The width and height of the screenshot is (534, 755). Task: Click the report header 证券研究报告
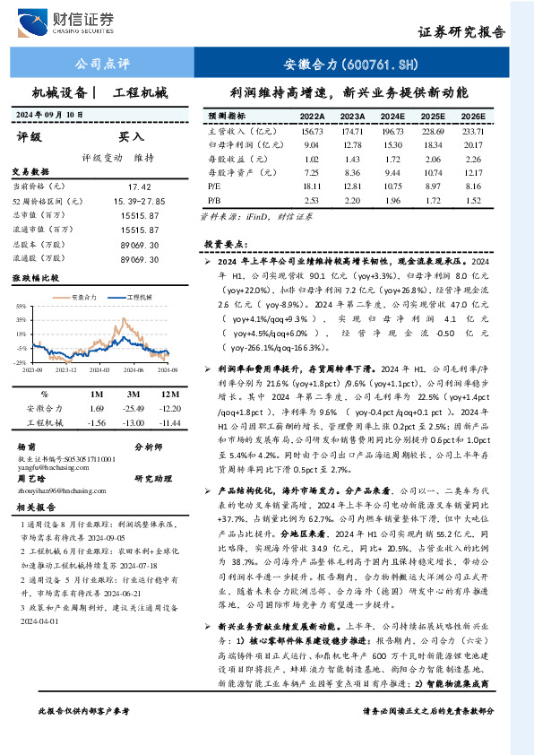(461, 32)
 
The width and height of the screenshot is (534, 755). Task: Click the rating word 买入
(131, 137)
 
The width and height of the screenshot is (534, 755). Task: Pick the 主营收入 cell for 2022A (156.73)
(312, 131)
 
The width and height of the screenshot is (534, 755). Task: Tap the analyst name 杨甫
(26, 447)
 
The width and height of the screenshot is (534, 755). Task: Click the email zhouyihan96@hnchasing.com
(59, 491)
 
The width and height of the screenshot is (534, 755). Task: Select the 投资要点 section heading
(225, 244)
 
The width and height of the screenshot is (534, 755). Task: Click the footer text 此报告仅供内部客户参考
(83, 736)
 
